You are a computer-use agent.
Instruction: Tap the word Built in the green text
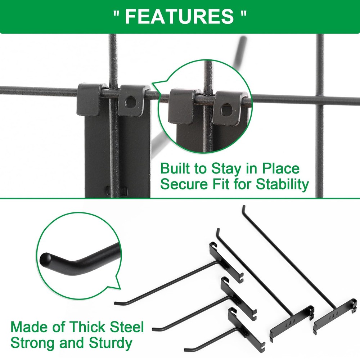pyautogui.click(x=173, y=168)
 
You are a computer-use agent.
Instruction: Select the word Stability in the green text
pyautogui.click(x=282, y=184)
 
